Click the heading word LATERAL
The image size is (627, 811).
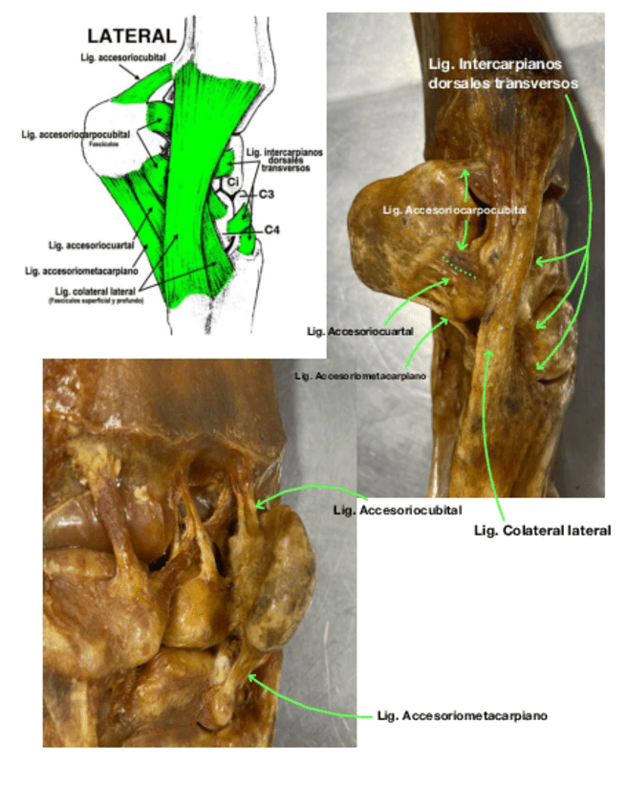[x=132, y=36]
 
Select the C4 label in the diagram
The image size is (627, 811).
[x=270, y=230]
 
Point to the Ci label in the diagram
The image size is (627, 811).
[x=232, y=180]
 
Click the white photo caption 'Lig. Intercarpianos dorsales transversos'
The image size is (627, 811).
[x=506, y=74]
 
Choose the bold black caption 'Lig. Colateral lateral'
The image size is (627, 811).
[x=542, y=530]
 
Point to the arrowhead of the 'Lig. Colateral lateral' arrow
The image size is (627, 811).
[x=490, y=353]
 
